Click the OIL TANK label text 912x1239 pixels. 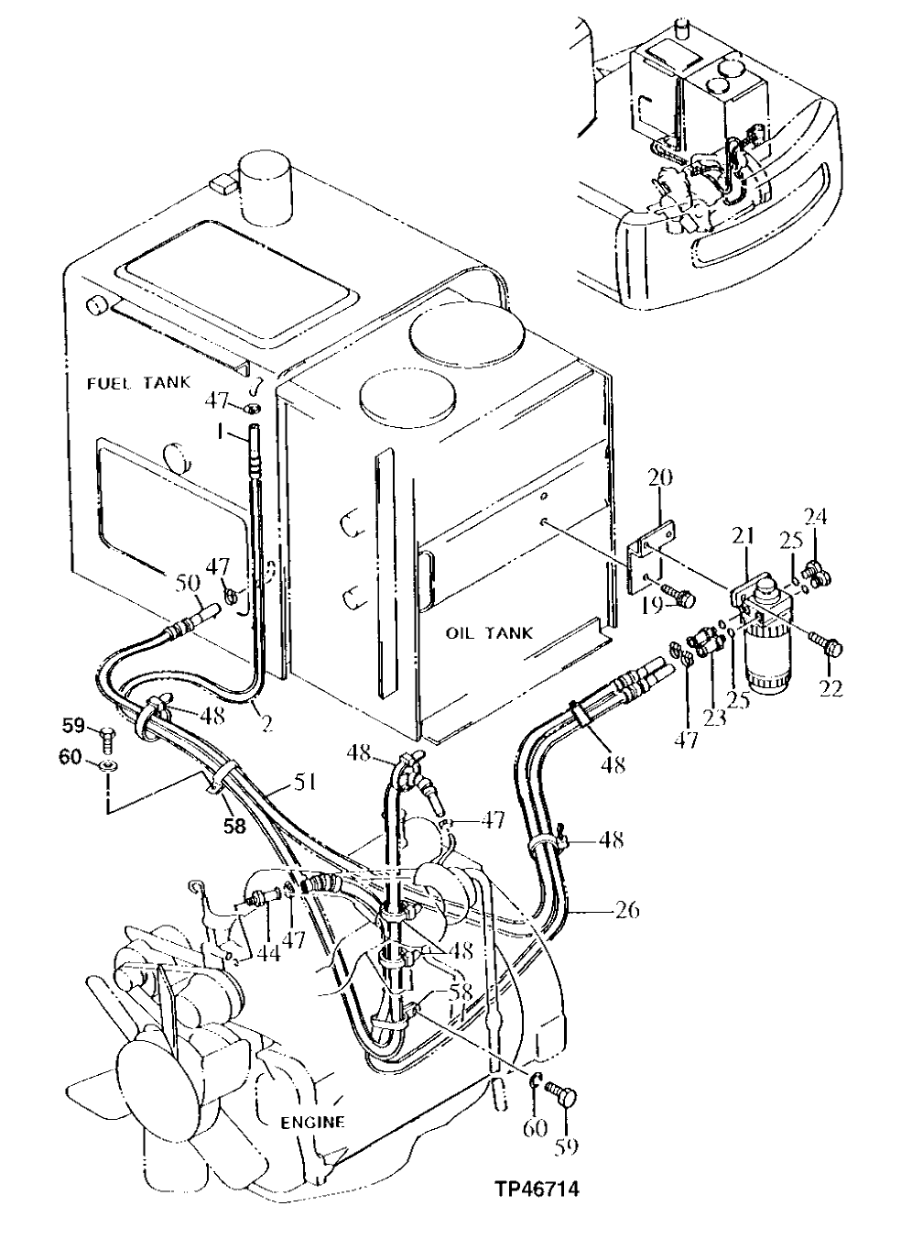489,633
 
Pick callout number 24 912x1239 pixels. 815,515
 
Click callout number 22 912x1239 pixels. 831,687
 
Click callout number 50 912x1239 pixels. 187,582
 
